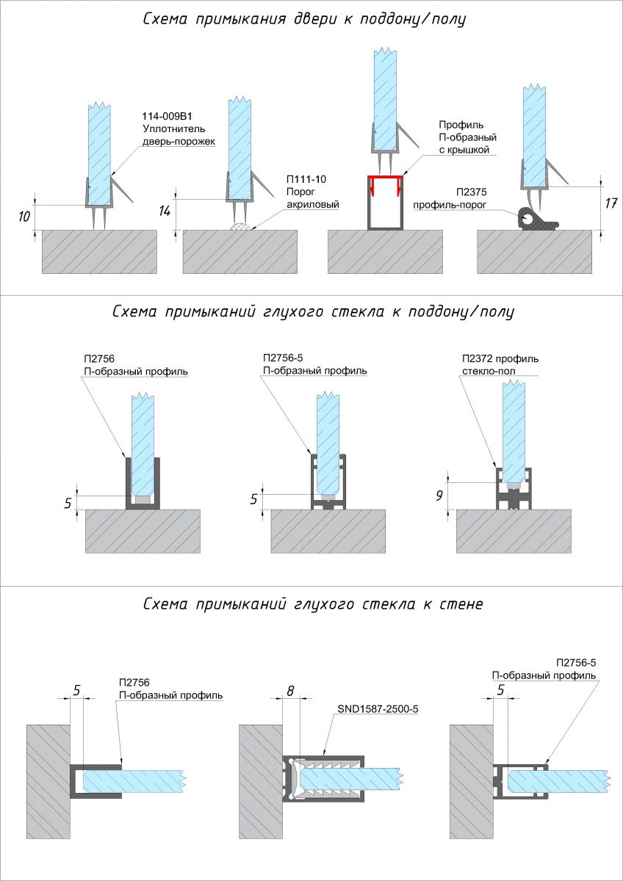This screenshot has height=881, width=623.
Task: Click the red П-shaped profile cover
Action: [x=386, y=179]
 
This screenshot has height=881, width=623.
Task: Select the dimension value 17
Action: [x=609, y=203]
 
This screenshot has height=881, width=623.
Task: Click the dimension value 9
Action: [x=439, y=495]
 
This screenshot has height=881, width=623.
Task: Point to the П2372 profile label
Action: [x=500, y=359]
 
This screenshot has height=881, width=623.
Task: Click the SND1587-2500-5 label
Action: [x=382, y=709]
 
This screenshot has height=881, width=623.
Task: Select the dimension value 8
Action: [x=291, y=690]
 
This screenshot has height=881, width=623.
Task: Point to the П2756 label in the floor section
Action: [x=95, y=358]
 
